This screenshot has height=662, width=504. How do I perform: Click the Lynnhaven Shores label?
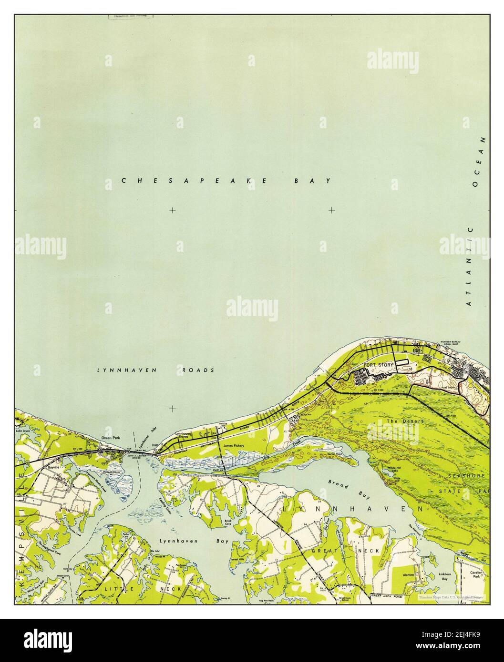click(x=183, y=435)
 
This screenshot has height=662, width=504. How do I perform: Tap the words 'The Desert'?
click(x=399, y=421)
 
